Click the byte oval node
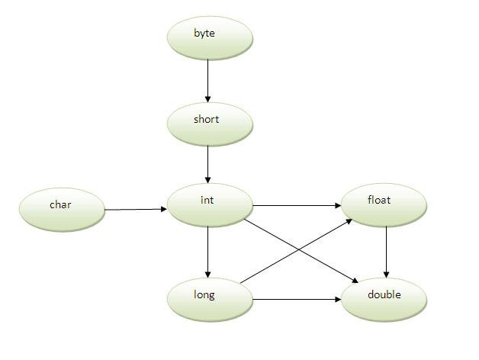[x=209, y=37]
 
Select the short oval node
[x=209, y=123]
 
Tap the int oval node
[x=209, y=204]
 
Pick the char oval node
[x=61, y=208]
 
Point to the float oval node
[x=384, y=204]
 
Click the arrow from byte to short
[x=207, y=80]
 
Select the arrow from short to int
[x=207, y=164]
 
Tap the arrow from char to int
[x=135, y=209]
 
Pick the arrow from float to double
[x=387, y=252]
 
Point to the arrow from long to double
[x=297, y=300]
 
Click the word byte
[x=204, y=34]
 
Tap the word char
[x=60, y=204]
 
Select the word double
[x=384, y=295]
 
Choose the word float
[x=378, y=201]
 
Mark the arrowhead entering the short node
[x=207, y=99]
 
